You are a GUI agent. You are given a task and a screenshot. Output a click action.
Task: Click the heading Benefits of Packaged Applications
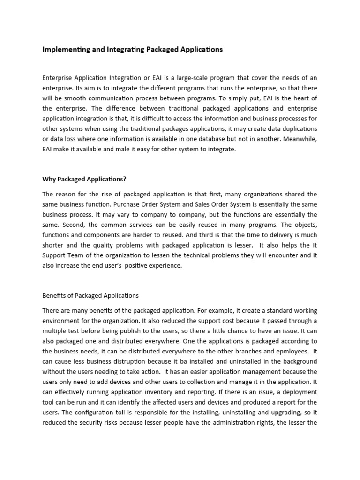click(90, 296)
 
